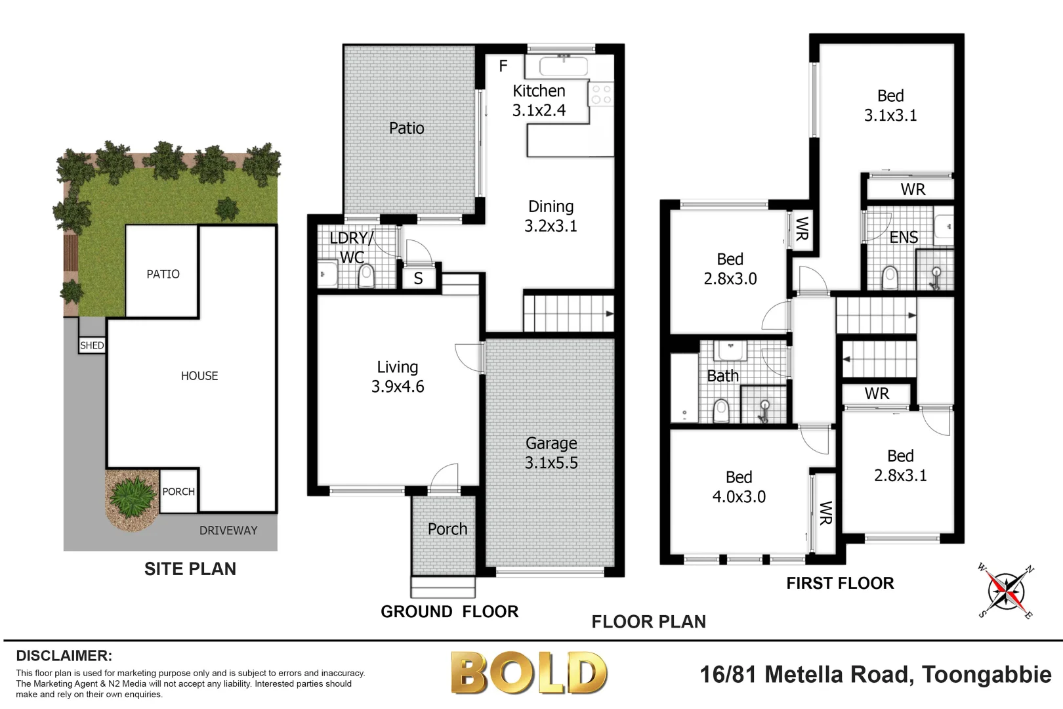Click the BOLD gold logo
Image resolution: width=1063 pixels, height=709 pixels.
tap(529, 674)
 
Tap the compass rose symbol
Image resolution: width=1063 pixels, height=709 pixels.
tap(1005, 591)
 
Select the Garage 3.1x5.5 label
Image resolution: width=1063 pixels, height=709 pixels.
tap(551, 453)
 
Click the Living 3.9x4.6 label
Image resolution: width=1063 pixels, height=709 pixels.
tap(398, 377)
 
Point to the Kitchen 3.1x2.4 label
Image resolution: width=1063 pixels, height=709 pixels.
tap(539, 100)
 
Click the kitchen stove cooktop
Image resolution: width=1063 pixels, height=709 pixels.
tap(601, 93)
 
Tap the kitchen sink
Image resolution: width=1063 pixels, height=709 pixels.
tap(563, 66)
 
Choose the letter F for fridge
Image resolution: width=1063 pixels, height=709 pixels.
tap(503, 66)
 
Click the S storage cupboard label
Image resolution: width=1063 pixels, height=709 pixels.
tap(418, 279)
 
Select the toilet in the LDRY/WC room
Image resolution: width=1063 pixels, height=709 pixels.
tap(366, 276)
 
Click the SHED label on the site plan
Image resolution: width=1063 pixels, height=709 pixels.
tap(92, 345)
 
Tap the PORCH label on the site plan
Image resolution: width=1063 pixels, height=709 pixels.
tap(178, 492)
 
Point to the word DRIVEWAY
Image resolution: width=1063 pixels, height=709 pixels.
tap(228, 530)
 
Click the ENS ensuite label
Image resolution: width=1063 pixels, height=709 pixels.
tap(904, 238)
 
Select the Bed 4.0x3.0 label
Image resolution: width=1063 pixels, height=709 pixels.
tap(739, 487)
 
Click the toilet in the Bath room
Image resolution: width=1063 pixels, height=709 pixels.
tap(720, 411)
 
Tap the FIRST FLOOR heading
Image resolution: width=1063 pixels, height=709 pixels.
tap(840, 583)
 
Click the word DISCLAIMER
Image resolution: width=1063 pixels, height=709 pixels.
tap(64, 656)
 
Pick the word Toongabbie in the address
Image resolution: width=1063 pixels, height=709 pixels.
tap(986, 674)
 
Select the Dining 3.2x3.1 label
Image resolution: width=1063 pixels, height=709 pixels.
tap(551, 216)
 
